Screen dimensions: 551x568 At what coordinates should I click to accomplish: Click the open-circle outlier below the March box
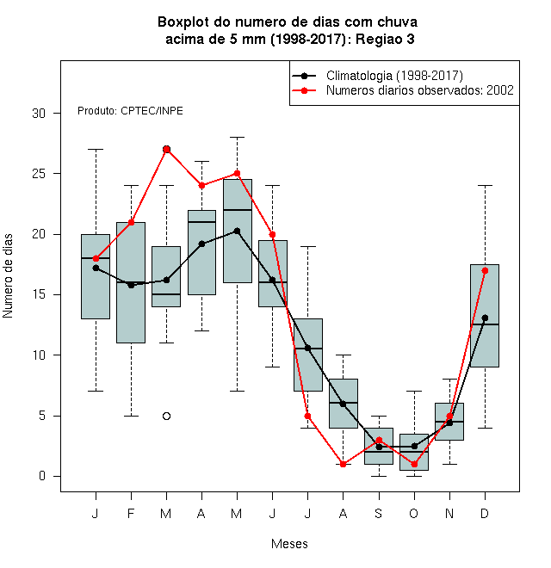click(166, 416)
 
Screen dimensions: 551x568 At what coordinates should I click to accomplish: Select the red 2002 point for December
click(485, 270)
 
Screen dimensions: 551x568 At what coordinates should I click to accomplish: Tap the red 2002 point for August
click(343, 464)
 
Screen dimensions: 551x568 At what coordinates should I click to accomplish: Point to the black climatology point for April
click(202, 244)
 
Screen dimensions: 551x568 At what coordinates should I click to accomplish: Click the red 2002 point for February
click(131, 222)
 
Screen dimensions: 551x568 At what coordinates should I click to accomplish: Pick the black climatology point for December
click(485, 318)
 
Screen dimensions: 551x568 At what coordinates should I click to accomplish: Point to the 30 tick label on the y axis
click(39, 114)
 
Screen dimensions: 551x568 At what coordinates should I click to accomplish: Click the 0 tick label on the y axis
click(42, 476)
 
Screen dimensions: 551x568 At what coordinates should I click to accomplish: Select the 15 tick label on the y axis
click(39, 294)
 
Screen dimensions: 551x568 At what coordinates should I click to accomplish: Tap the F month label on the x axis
click(131, 513)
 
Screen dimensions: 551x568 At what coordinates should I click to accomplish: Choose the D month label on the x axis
click(485, 513)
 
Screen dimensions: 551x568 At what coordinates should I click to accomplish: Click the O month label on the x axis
click(413, 513)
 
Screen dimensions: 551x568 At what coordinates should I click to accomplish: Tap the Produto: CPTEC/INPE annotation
click(130, 111)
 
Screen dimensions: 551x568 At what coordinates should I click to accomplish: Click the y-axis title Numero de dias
click(8, 276)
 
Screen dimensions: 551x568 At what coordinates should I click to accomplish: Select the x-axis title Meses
click(289, 544)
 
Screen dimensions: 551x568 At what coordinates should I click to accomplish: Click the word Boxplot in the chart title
click(183, 22)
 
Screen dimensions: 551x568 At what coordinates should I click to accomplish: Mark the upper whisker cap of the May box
click(237, 138)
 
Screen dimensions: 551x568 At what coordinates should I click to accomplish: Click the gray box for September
click(379, 446)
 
